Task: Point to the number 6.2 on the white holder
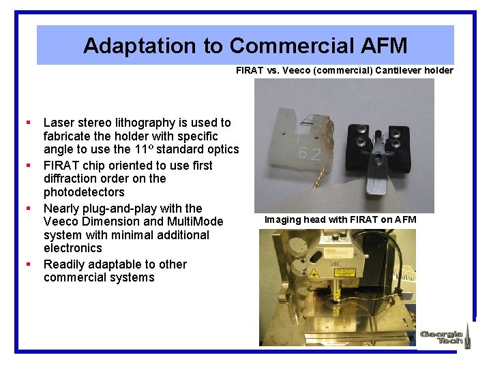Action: coord(309,153)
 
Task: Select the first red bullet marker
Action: coord(29,123)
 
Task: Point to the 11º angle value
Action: coord(144,149)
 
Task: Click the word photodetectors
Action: coord(84,192)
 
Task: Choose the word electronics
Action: coord(72,248)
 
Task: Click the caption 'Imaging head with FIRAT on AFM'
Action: coord(340,219)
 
